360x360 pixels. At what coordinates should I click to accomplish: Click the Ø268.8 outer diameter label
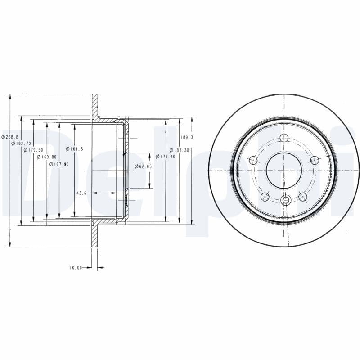coord(10,137)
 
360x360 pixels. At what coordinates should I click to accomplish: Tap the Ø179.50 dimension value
coord(33,150)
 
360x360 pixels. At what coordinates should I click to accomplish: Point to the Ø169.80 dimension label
coord(46,157)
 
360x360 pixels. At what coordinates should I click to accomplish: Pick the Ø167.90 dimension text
coord(59,164)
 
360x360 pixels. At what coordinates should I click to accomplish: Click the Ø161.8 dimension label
coord(74,149)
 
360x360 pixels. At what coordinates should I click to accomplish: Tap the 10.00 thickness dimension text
coord(76,268)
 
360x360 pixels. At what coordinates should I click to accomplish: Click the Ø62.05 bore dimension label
coord(143,166)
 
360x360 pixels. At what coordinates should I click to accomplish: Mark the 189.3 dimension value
coord(187,137)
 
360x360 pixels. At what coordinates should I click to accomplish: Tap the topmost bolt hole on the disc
coord(284,138)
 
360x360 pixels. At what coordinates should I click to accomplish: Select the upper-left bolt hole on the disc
coord(253,160)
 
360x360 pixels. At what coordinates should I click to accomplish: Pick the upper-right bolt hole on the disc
coord(315,160)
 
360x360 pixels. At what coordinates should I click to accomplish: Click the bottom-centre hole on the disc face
coord(284,201)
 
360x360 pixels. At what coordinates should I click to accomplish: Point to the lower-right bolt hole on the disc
coord(303,196)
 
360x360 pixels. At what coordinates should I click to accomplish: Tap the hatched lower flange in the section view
coord(95,234)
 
